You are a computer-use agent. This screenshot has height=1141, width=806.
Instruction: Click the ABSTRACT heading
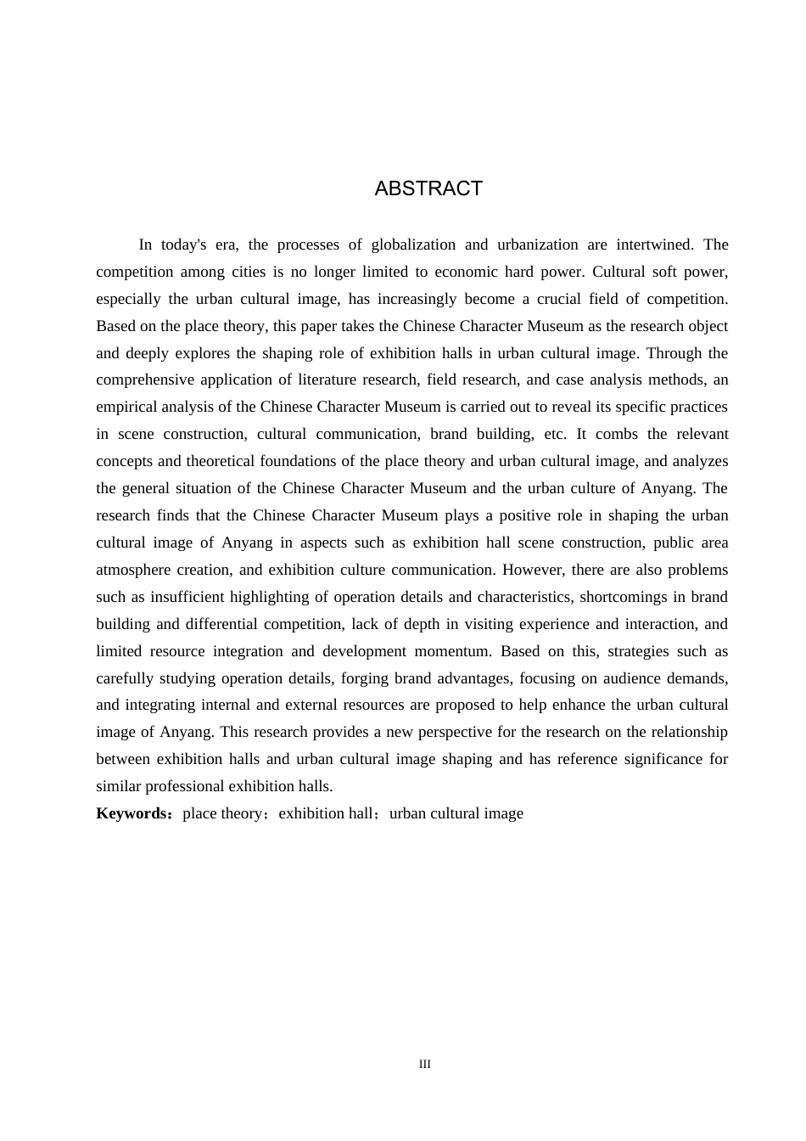tap(428, 188)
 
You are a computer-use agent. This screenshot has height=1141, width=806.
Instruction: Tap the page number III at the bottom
tap(425, 1065)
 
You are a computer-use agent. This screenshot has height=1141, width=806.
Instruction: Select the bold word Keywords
tap(132, 813)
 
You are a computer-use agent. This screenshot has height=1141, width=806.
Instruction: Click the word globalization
tap(409, 244)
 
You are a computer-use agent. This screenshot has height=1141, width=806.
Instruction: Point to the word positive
tap(523, 515)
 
